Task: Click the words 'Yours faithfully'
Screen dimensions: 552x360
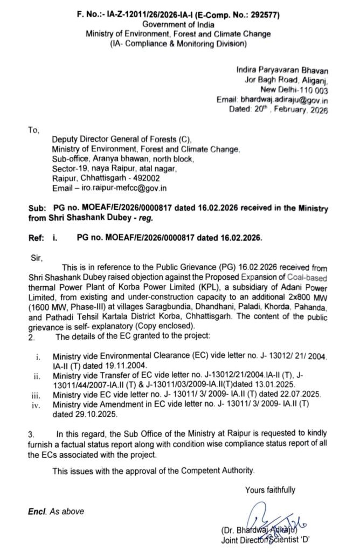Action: [x=269, y=489]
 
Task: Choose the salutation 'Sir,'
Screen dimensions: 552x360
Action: [x=33, y=258]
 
